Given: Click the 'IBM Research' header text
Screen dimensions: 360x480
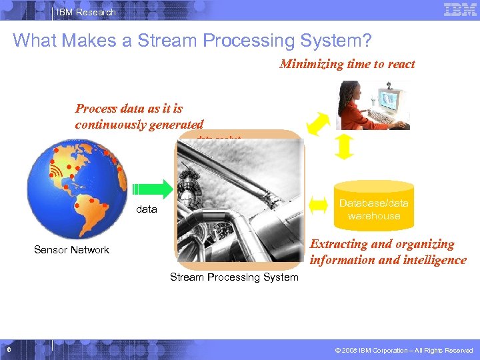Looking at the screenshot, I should [86, 12].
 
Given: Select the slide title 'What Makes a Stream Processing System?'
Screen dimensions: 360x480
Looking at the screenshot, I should [192, 41].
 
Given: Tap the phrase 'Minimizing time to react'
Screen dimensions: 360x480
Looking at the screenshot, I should [347, 64].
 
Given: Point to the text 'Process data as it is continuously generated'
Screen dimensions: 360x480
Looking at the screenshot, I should [139, 117].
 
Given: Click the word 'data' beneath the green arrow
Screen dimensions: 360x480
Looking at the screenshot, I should [147, 209].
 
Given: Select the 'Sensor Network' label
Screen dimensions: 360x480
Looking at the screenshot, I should [71, 250].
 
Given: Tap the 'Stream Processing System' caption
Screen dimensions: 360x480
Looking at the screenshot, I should [234, 277].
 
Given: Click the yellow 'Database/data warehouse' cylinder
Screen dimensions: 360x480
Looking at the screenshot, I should [374, 205].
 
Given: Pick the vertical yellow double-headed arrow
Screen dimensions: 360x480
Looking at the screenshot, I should [343, 147].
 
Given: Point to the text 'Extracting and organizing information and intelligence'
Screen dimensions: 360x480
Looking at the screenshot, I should [387, 252].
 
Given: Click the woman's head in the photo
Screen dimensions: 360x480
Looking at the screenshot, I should [351, 91].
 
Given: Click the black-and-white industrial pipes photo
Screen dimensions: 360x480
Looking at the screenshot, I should [239, 200].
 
